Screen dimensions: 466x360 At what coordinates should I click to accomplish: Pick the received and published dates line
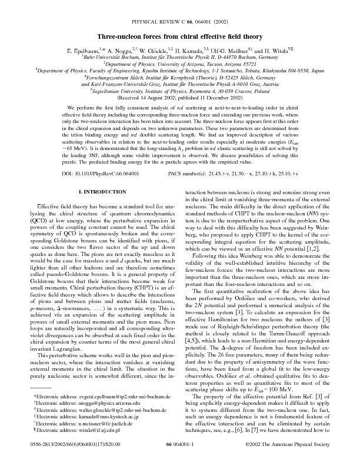[x=180, y=98]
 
